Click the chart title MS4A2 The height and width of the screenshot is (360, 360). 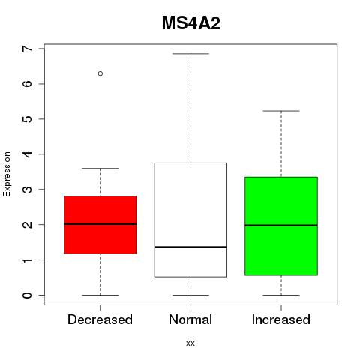coord(191,23)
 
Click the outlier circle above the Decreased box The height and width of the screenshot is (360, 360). coord(100,73)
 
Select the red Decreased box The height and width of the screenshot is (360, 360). coord(100,225)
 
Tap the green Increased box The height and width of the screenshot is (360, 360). coord(281,226)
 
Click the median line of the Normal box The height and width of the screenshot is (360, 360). coord(190,247)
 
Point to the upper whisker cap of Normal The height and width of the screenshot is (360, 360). coord(190,54)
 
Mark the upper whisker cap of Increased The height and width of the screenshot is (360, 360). coord(281,111)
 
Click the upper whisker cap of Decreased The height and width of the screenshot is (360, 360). coord(100,169)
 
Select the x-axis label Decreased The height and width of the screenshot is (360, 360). coord(100,319)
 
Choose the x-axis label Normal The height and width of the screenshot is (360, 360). coord(190,319)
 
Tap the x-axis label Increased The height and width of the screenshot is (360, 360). coord(281,319)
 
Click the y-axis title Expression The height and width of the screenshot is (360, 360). coord(7,174)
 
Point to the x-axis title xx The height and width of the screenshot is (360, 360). coord(190,343)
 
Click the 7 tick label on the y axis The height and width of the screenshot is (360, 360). coord(28,49)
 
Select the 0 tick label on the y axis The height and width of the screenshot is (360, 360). coord(28,295)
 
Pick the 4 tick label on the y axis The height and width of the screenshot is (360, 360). coord(28,154)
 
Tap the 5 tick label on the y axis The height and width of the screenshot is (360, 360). coord(28,119)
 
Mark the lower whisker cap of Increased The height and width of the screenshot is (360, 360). coord(281,295)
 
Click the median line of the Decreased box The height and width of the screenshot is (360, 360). coord(100,224)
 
